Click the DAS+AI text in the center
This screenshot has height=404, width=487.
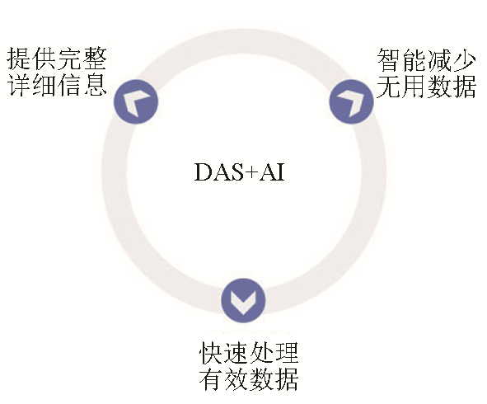[240, 171]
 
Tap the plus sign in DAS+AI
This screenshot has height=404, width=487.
[252, 172]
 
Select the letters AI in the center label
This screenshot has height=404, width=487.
[272, 171]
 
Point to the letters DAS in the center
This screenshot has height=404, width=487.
[219, 171]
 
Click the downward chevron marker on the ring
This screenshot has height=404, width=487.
[243, 300]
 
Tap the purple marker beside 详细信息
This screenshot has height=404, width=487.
[136, 101]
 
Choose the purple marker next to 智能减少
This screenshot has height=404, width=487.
[351, 101]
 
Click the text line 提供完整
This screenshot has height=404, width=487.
[57, 59]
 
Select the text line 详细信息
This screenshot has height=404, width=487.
[57, 85]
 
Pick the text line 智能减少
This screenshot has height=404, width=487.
[427, 60]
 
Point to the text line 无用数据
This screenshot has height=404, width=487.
[427, 86]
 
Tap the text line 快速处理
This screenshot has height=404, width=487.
[249, 353]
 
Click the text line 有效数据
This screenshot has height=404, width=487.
[249, 378]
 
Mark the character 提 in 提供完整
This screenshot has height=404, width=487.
[19, 59]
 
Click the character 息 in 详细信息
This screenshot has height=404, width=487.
[95, 85]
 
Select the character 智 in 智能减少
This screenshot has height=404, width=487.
[389, 60]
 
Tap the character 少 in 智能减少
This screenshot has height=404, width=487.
[465, 60]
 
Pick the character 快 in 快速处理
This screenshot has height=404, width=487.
[211, 353]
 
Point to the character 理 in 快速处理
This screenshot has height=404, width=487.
[287, 353]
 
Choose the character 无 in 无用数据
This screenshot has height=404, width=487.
[389, 86]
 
